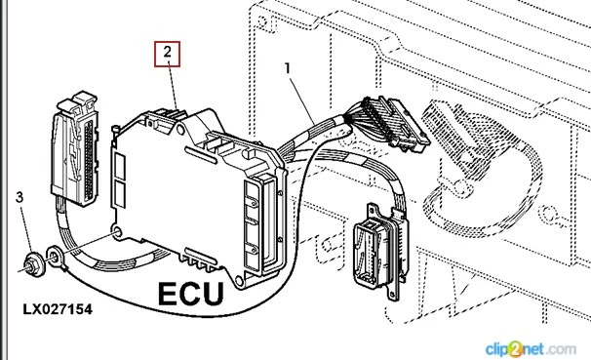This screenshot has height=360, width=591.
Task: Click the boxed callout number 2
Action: click(167, 55)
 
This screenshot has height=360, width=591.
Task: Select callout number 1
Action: click(288, 68)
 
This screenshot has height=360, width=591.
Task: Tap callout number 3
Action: click(20, 197)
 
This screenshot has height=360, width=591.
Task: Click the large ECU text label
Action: click(191, 294)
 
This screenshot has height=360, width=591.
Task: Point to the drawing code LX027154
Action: click(58, 309)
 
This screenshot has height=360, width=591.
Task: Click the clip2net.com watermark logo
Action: click(531, 348)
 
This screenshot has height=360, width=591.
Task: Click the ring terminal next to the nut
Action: click(56, 259)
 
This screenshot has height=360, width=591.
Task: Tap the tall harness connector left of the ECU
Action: click(75, 148)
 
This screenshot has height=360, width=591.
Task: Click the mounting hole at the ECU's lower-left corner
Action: click(117, 230)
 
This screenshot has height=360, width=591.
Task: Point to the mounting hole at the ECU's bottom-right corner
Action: click(238, 280)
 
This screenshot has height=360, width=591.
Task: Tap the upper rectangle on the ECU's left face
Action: click(120, 166)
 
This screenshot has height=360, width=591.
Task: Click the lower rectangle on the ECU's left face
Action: click(120, 194)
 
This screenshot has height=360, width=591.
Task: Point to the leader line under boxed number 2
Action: click(173, 88)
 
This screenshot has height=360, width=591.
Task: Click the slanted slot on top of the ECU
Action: click(201, 155)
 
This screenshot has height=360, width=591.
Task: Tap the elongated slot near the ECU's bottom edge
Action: click(201, 256)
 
